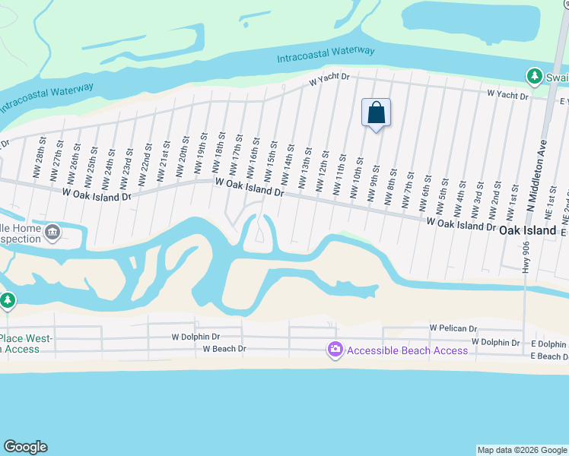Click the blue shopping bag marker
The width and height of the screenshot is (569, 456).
pyautogui.click(x=376, y=112)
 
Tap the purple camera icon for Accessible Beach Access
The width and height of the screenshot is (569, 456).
pyautogui.click(x=335, y=350)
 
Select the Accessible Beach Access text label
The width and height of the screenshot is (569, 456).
pyautogui.click(x=408, y=350)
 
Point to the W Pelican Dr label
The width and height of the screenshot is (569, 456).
pyautogui.click(x=453, y=328)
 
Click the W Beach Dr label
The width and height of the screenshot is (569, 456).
pyautogui.click(x=224, y=349)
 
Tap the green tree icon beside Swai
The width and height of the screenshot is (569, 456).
pyautogui.click(x=535, y=76)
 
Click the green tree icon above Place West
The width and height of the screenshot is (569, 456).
pyautogui.click(x=8, y=301)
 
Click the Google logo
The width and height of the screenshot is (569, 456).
pyautogui.click(x=25, y=447)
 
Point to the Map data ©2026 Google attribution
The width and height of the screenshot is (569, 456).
pyautogui.click(x=522, y=450)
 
